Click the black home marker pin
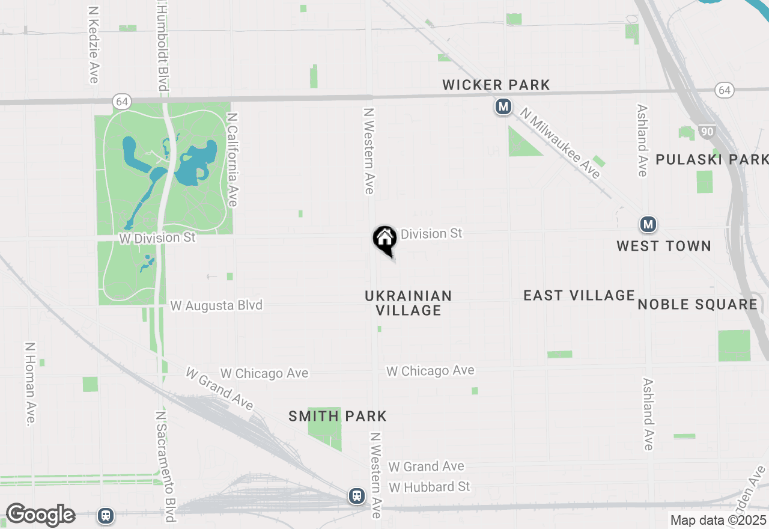tap(384, 239)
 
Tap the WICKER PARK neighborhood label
tap(496, 85)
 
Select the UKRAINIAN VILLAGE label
tap(409, 303)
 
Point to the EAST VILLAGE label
tap(579, 295)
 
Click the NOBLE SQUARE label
tap(698, 304)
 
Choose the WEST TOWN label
tap(664, 246)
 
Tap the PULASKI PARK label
tap(712, 159)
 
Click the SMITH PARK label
tap(338, 416)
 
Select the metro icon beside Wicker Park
tap(503, 108)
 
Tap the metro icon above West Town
tap(648, 225)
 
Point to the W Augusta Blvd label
tap(216, 305)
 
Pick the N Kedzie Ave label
tap(93, 45)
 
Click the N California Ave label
tap(233, 159)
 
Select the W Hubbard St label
tap(430, 486)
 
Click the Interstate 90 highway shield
tap(707, 131)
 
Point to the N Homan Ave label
tap(29, 385)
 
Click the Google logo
tap(40, 515)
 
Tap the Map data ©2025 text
tap(719, 521)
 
